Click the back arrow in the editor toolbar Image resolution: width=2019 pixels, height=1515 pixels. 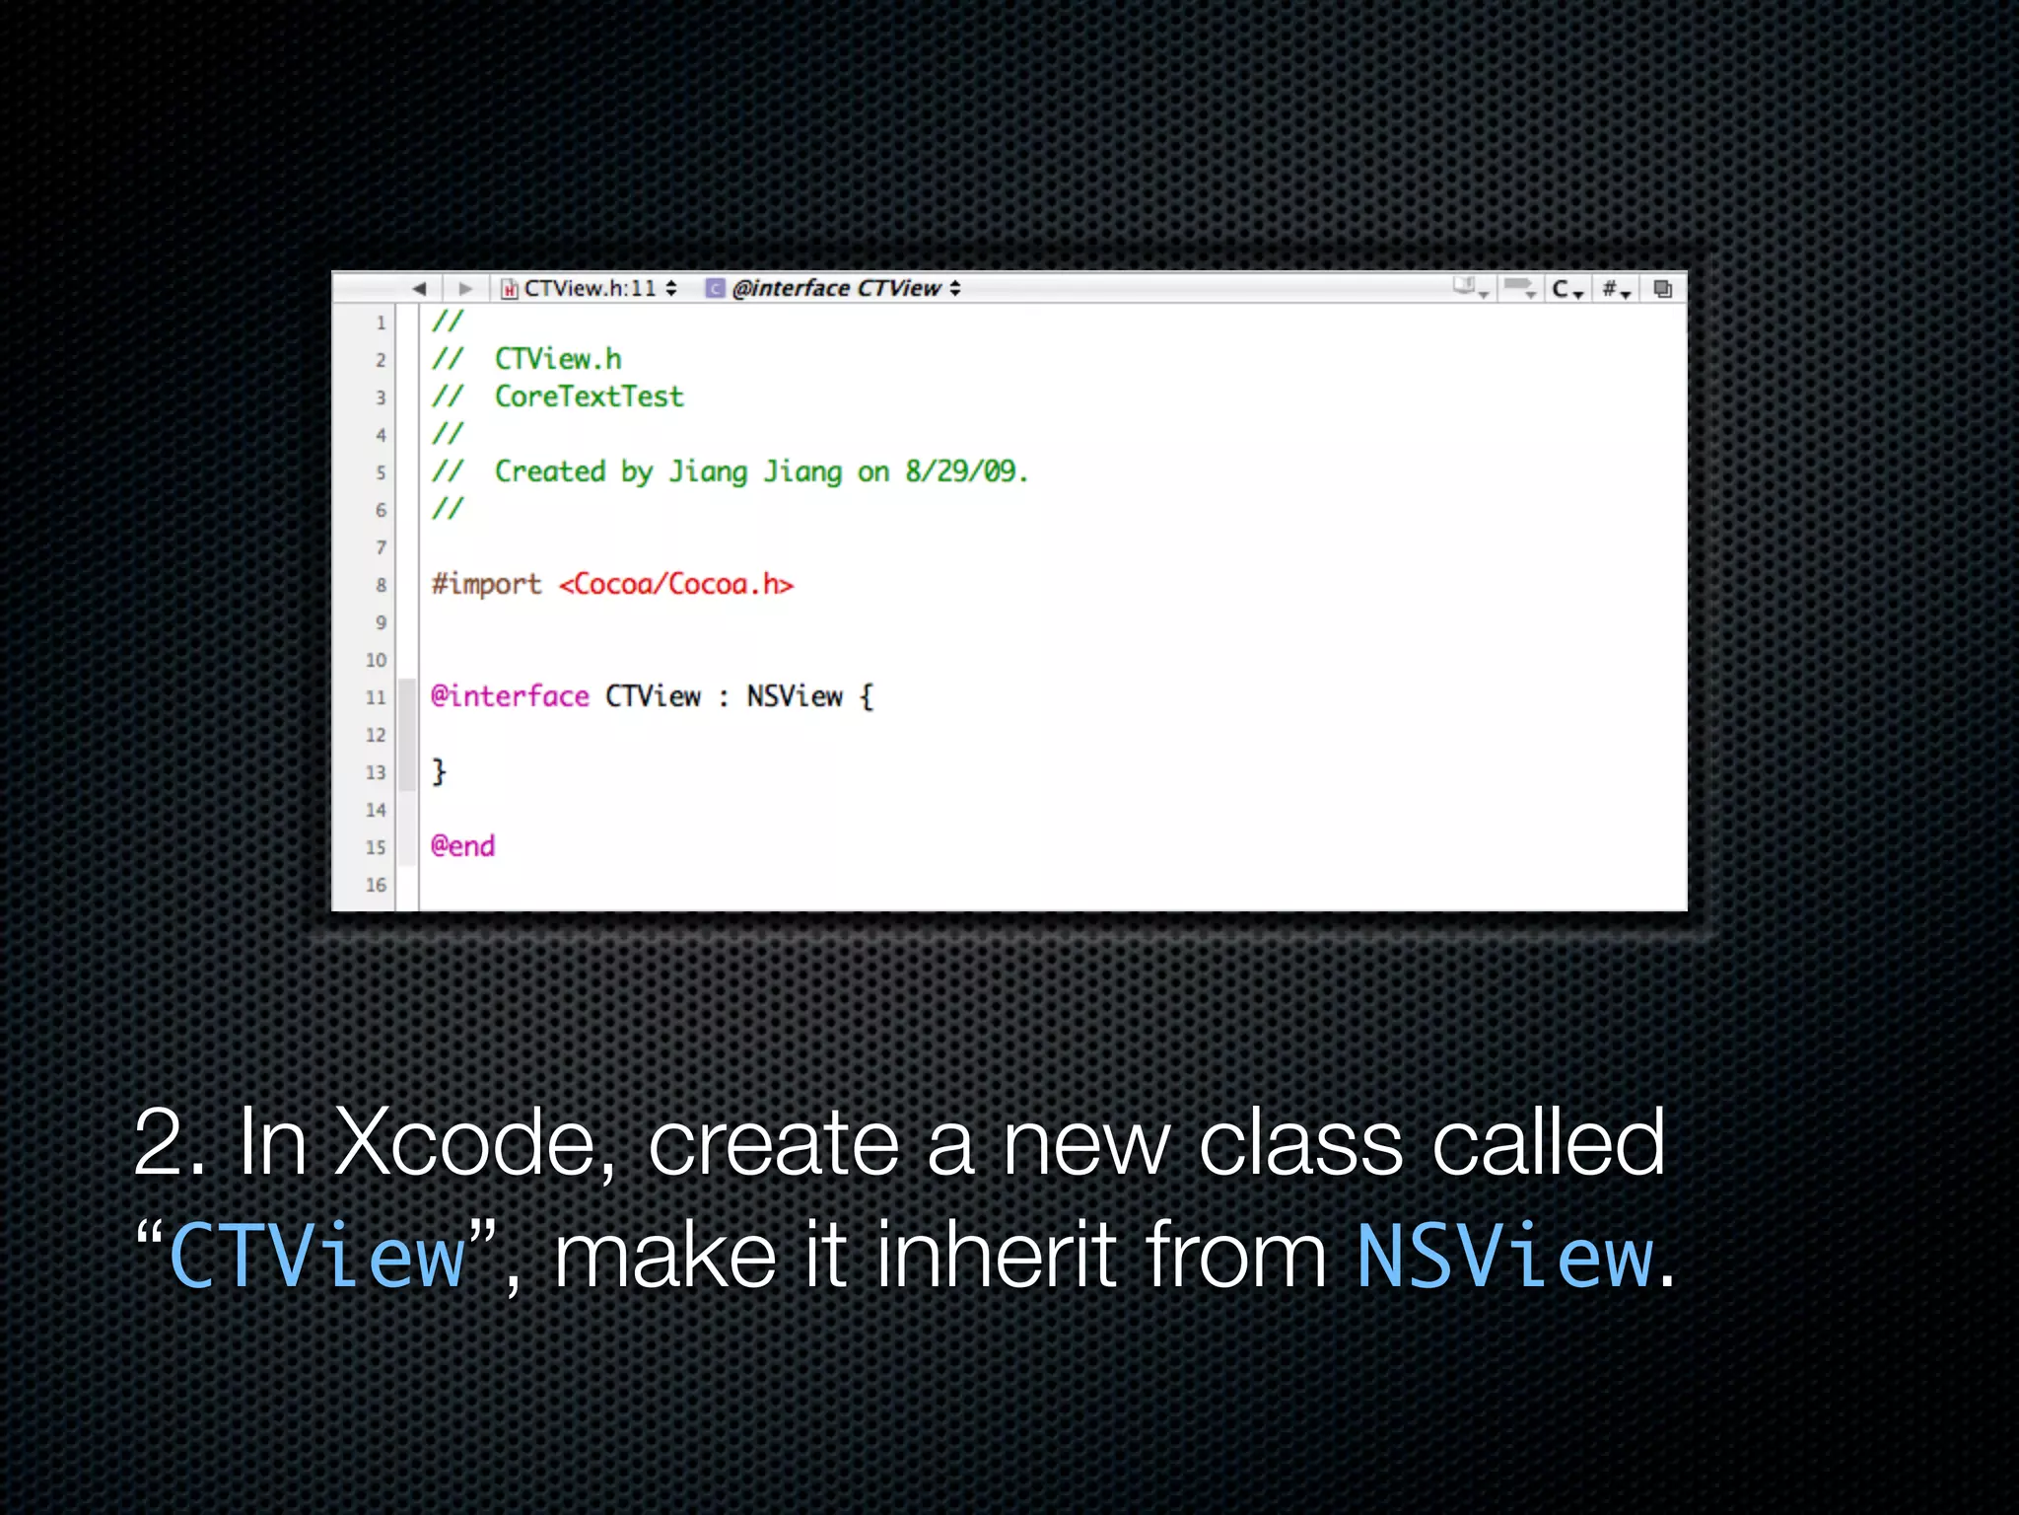(x=419, y=289)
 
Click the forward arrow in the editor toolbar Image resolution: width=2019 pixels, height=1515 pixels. (x=465, y=289)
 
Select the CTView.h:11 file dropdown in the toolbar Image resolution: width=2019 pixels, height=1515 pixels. (x=590, y=288)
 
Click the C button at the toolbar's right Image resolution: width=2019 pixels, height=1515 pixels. (x=1566, y=289)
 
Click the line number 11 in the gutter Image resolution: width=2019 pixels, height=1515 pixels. (x=376, y=697)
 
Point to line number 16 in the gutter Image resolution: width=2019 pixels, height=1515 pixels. (x=376, y=885)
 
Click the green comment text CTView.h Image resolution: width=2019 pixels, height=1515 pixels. (x=558, y=359)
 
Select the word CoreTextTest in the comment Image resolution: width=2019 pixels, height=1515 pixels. (x=589, y=397)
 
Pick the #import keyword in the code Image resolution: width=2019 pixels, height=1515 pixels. (x=486, y=584)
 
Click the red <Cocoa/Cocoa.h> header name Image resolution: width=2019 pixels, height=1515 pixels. (x=676, y=584)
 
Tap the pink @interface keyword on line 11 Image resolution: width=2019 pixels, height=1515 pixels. (x=510, y=696)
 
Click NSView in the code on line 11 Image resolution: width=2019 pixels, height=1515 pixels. (x=795, y=696)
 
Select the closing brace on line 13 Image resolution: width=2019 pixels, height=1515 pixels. (x=440, y=771)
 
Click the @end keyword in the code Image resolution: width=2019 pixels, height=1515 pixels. (x=462, y=846)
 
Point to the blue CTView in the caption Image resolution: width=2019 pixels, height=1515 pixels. (x=317, y=1256)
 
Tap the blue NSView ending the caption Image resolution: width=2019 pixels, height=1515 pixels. (x=1504, y=1256)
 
